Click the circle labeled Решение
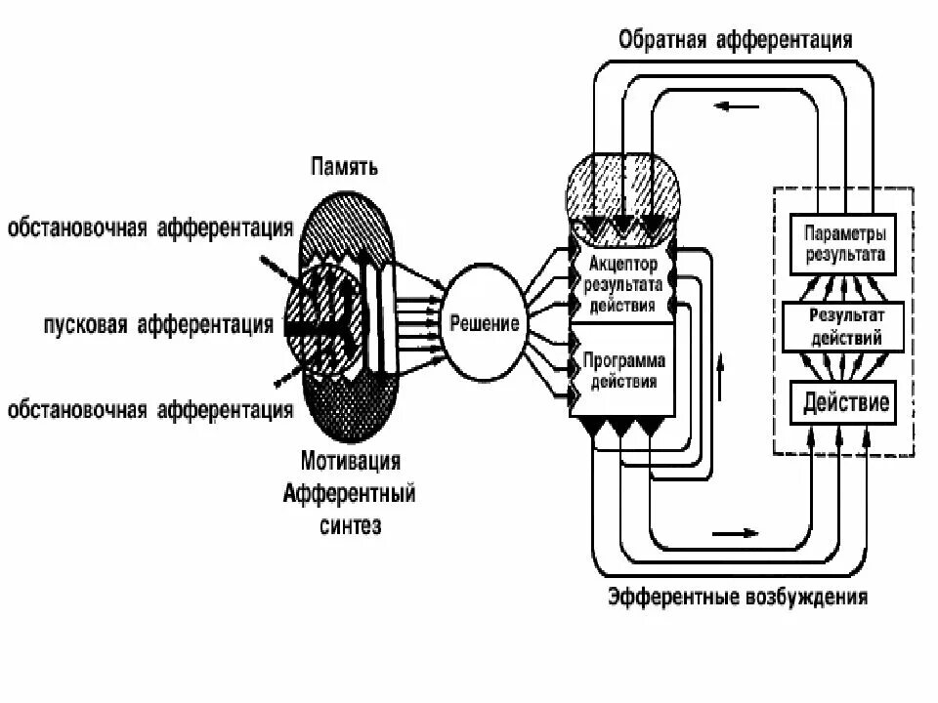click(485, 323)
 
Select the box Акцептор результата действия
click(622, 284)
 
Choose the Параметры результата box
click(845, 244)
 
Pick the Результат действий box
click(845, 326)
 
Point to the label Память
click(345, 167)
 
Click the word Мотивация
click(349, 460)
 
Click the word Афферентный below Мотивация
click(349, 493)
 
